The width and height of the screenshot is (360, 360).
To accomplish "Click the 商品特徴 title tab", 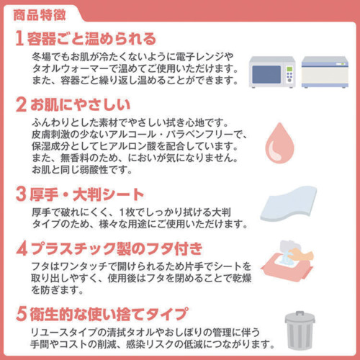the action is pos(40,15).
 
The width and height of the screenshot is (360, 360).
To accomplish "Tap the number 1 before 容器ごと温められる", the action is pos(19,38).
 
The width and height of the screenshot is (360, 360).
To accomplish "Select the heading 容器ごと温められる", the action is pos(91,39).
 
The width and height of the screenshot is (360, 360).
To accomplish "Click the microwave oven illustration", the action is pos(272,72).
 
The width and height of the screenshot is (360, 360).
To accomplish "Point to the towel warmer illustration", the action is pos(325,72).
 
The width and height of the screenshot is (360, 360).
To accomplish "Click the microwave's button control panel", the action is pos(289,74).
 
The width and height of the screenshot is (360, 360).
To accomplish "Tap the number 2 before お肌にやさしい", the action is pos(21,104).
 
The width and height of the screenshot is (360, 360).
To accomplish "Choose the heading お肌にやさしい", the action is pos(80,104).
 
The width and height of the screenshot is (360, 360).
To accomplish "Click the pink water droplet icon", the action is pos(279,143).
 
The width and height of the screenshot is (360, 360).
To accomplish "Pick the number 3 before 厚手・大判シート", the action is pos(21,194).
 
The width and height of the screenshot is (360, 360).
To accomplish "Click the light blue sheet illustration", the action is pos(289,204).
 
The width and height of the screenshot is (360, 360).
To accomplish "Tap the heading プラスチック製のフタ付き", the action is pos(117,249).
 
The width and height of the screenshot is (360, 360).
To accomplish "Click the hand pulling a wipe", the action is pos(300,255).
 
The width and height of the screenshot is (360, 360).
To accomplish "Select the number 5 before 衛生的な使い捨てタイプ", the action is pos(21,314).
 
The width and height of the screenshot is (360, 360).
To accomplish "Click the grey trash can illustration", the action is pos(300,330).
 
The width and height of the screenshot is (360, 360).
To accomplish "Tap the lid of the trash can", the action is pos(300,318).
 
